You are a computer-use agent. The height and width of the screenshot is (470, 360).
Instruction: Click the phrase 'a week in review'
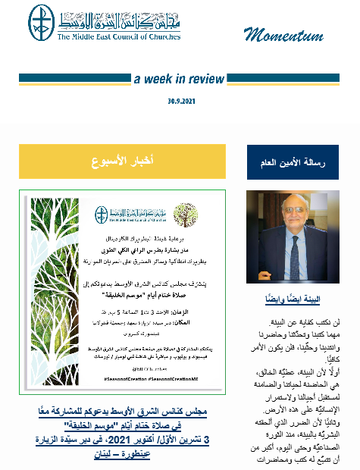tap(178, 79)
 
